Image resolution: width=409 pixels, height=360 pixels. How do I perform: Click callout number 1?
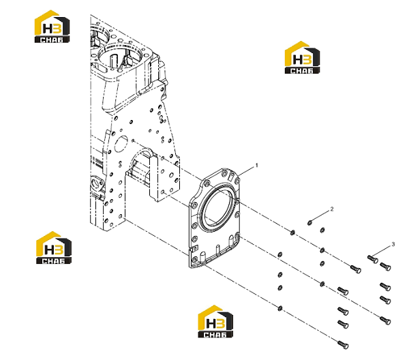click(257, 166)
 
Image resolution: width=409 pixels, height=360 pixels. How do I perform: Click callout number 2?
click(332, 209)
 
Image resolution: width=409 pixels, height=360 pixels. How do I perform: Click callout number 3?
click(393, 245)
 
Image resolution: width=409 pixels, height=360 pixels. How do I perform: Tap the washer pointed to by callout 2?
click(310, 222)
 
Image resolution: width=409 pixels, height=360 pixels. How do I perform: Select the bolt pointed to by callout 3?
click(373, 259)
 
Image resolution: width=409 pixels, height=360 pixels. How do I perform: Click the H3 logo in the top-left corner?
click(52, 27)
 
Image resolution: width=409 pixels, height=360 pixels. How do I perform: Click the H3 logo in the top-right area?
click(302, 57)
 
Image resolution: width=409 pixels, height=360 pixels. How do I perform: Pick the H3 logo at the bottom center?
click(215, 321)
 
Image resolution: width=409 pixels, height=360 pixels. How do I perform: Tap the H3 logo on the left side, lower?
click(53, 247)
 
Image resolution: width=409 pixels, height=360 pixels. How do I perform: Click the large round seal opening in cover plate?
click(217, 207)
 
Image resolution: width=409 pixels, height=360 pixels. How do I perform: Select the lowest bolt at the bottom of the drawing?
click(343, 344)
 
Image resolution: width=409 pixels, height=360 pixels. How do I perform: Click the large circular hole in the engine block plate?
click(121, 144)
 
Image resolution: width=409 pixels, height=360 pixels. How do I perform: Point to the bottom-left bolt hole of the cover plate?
click(194, 260)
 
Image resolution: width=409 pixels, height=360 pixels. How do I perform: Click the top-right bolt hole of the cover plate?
click(237, 181)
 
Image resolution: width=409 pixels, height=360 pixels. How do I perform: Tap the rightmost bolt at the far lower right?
click(385, 320)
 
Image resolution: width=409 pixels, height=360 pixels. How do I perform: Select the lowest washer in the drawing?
click(280, 309)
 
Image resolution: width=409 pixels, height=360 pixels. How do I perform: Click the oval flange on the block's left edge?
click(97, 186)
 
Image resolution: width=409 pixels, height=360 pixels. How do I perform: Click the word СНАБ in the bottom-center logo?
click(215, 335)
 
